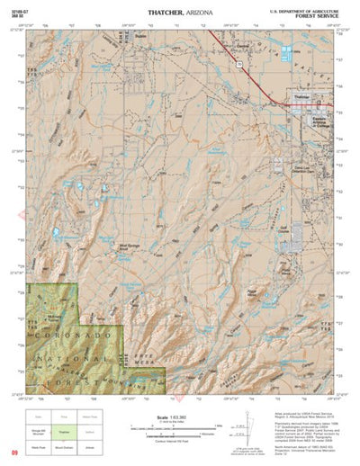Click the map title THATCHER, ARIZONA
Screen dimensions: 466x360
pyautogui.click(x=176, y=10)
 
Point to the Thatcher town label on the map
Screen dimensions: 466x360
pyautogui.click(x=301, y=94)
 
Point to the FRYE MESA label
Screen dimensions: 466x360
pyautogui.click(x=141, y=356)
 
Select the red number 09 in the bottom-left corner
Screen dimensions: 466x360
pyautogui.click(x=14, y=454)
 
